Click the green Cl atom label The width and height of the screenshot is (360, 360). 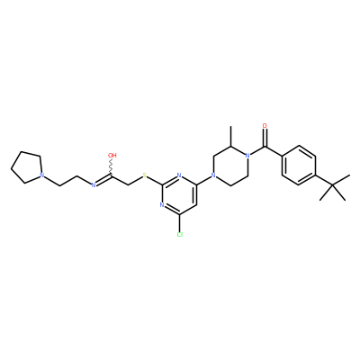(x=180, y=234)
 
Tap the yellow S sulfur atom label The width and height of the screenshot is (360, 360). (x=145, y=175)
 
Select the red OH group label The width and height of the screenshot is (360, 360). (x=112, y=156)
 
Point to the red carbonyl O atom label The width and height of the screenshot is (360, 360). (x=265, y=126)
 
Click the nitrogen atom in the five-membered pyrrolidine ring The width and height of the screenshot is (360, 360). (x=42, y=175)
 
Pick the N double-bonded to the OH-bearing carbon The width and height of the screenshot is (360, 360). (x=94, y=184)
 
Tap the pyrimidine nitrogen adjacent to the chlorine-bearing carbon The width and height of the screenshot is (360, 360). (x=162, y=205)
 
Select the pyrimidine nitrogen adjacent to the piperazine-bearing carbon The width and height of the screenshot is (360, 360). (x=179, y=175)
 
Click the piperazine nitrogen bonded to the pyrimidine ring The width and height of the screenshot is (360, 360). (x=213, y=175)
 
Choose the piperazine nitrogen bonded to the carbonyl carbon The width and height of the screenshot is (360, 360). (x=247, y=156)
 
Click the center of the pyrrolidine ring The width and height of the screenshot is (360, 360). (x=27, y=167)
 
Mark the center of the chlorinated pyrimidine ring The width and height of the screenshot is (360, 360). (x=179, y=195)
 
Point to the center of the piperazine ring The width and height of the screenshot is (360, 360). (x=230, y=166)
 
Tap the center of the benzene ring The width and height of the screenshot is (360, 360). (x=299, y=166)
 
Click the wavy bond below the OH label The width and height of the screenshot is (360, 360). (x=112, y=166)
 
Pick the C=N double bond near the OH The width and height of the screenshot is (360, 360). (x=103, y=179)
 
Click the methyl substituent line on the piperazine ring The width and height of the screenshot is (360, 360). (x=230, y=136)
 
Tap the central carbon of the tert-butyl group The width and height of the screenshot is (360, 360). (x=333, y=185)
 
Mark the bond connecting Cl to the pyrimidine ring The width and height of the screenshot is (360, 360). (x=179, y=223)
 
